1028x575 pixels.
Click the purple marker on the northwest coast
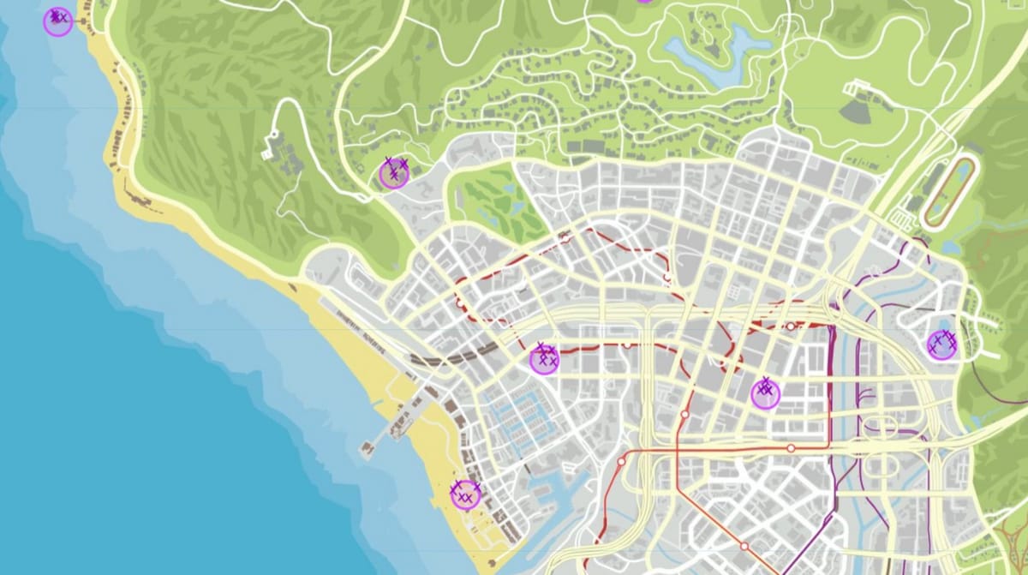coord(57,22)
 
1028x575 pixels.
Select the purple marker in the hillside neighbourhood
coord(394,174)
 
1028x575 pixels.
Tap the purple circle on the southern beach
coord(465,495)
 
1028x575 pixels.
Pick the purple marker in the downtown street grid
coord(765,393)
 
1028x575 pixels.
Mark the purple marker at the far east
coord(942,344)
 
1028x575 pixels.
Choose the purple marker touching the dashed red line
coord(544,359)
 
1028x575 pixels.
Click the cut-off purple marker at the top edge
coord(644,2)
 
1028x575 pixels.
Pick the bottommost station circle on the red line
coord(744,546)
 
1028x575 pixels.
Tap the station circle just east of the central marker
coord(627,344)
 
